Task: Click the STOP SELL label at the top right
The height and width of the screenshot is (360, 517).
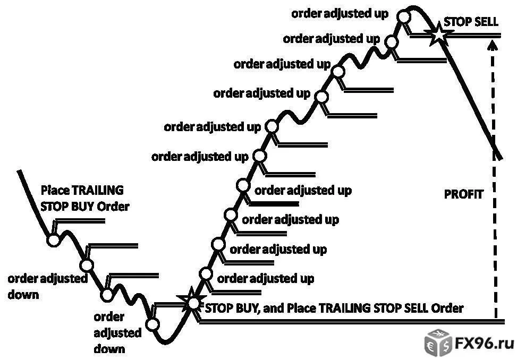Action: [471, 22]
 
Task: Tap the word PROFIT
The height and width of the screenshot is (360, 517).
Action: [463, 194]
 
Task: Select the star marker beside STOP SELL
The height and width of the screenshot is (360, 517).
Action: [439, 33]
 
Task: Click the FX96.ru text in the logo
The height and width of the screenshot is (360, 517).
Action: [484, 344]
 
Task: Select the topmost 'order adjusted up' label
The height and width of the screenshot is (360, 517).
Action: [340, 14]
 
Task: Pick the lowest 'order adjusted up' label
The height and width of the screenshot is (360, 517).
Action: [266, 279]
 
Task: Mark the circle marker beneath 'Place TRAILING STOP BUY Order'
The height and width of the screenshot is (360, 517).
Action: [53, 240]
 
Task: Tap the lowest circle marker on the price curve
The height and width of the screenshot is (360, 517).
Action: [152, 324]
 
